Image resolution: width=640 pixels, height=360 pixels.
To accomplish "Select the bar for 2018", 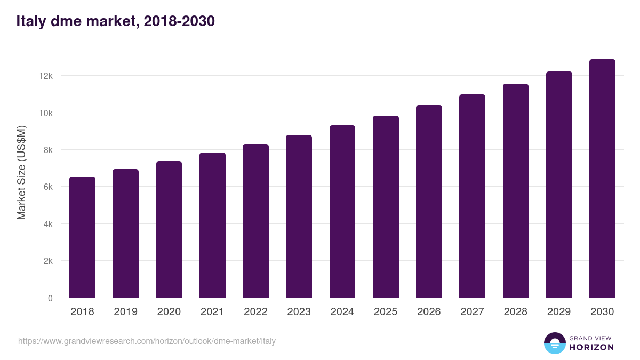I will pos(82,237).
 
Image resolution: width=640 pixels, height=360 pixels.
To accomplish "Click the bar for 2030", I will pos(602,179).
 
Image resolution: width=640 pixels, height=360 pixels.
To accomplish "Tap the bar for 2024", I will pos(342,212).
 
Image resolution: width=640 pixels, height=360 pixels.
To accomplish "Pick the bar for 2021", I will pos(212,225).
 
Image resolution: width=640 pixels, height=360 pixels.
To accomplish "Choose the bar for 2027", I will pos(472,196).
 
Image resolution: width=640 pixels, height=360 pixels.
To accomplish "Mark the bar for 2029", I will pos(559,185).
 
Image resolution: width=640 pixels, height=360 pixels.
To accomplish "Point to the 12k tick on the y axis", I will pos(46,76).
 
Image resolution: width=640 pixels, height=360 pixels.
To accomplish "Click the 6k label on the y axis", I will pos(48,187).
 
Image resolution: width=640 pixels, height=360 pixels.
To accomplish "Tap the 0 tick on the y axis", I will pos(50,298).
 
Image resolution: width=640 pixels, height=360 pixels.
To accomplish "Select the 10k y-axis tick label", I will pos(46,113).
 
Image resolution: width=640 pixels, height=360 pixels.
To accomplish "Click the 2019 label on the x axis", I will pos(125,312).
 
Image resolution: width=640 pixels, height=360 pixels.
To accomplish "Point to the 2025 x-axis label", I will pos(386,312).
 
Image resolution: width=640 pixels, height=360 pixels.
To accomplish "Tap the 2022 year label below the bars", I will pos(255,312).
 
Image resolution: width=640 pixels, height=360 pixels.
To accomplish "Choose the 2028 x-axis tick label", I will pos(516,312).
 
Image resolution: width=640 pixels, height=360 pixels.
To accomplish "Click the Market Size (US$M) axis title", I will pos(21,172).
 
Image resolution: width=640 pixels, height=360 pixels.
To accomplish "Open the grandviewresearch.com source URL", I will pos(147,341).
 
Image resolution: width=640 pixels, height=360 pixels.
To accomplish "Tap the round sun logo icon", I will pos(554,343).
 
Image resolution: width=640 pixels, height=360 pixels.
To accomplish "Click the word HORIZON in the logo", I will pos(592,347).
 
